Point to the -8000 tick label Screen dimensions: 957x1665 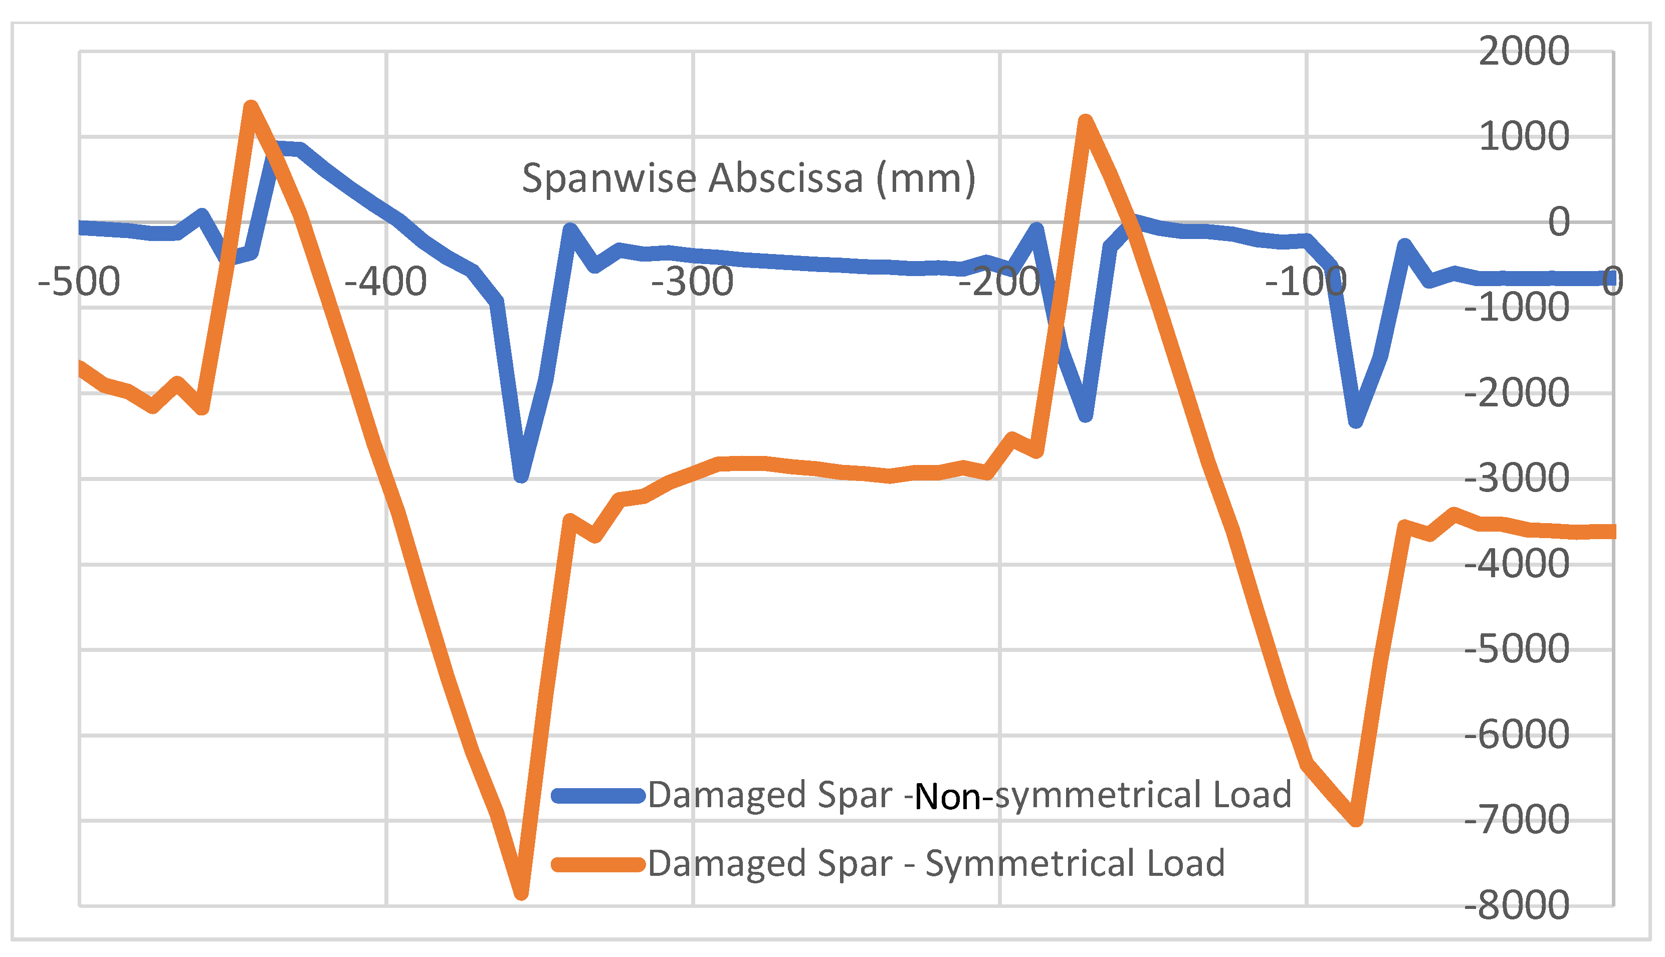click(1517, 906)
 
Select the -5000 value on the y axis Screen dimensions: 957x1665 click(1517, 649)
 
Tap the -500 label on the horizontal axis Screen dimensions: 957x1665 click(79, 282)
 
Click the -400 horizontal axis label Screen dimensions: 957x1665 click(386, 282)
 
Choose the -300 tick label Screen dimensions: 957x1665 click(692, 282)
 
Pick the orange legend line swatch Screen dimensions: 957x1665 click(597, 864)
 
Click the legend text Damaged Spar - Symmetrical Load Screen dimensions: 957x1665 click(937, 864)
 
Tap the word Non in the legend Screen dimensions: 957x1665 click(947, 797)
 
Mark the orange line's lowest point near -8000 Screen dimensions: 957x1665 click(521, 892)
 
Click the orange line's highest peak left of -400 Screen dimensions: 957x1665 click(251, 107)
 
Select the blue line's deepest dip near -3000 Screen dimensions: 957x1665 click(521, 476)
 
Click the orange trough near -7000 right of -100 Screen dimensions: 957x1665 click(1355, 820)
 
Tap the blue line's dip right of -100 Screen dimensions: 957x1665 click(1355, 422)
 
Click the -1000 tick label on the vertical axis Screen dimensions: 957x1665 click(1517, 307)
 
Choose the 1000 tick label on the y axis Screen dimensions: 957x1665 click(1524, 137)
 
